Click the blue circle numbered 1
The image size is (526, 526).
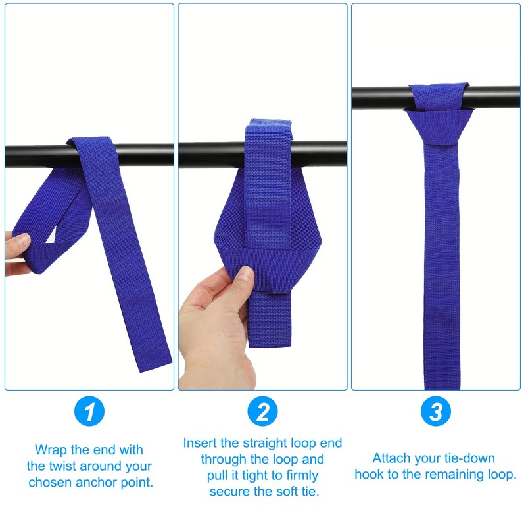coord(89,412)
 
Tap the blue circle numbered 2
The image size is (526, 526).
coord(263,412)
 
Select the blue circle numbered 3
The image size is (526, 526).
coord(435,412)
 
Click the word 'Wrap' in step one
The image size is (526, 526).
coord(52,450)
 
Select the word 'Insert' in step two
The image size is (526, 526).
coord(201,443)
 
